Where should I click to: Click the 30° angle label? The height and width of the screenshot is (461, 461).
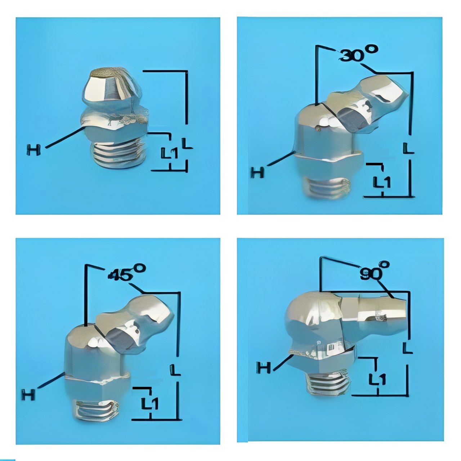coord(359,54)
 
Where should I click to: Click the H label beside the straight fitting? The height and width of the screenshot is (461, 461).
coord(33,150)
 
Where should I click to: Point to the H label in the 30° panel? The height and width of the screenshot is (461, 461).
coord(258,172)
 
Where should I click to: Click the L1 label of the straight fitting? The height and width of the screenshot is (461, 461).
coord(169,153)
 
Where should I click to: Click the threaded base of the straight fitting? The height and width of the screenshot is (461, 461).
coord(118,155)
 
